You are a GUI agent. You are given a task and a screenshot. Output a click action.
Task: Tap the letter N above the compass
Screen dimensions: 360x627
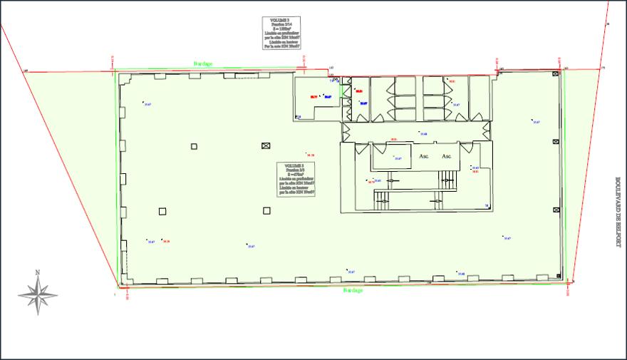(38, 272)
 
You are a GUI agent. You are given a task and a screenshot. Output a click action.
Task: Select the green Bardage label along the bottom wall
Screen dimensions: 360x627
(353, 291)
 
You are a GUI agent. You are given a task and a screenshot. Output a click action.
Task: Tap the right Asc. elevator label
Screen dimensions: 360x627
(447, 155)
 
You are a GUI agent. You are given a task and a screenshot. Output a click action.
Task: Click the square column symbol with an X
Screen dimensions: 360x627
(266, 146)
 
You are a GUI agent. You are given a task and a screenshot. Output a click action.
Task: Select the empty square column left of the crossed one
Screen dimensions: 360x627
(194, 146)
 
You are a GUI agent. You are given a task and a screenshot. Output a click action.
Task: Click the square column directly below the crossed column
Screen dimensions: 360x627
(266, 210)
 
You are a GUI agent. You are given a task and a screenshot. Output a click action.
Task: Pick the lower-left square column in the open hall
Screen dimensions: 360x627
(162, 210)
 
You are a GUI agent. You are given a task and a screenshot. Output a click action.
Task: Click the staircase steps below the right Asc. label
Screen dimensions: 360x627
(447, 179)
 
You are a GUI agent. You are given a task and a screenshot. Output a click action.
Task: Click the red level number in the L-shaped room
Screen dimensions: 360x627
(313, 96)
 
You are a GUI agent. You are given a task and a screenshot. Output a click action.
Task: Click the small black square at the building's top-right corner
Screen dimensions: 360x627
(556, 73)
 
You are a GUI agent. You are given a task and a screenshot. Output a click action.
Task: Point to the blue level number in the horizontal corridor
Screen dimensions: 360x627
(423, 134)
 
